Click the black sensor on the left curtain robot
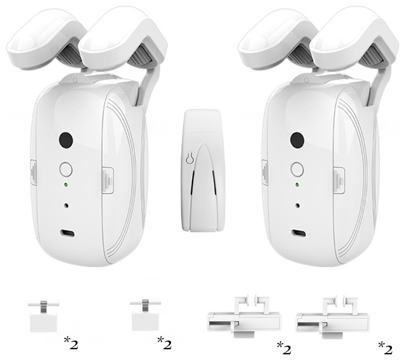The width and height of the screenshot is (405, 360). pos(66,140)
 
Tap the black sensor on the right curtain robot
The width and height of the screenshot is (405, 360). pos(297,140)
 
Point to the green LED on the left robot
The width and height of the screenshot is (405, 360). pos(66,185)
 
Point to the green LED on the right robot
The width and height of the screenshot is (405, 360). pos(297,185)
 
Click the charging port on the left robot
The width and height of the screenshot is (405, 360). pos(67,233)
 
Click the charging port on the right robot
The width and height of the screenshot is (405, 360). pos(299,233)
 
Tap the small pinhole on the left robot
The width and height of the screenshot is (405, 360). pos(67,205)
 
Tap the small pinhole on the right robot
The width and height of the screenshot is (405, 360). pos(298,205)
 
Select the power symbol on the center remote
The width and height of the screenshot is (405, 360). pos(189,158)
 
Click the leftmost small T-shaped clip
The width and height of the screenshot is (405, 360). pos(44,315)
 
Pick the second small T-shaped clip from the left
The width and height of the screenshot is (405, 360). pos(146,315)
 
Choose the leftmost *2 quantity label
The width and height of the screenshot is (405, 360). pos(70,343)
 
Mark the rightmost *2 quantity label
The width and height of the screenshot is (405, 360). pos(385,348)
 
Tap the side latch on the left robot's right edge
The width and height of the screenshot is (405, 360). pos(108,180)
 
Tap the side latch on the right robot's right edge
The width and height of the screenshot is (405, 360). pos(339,180)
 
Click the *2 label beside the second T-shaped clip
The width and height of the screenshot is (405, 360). pos(164,343)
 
